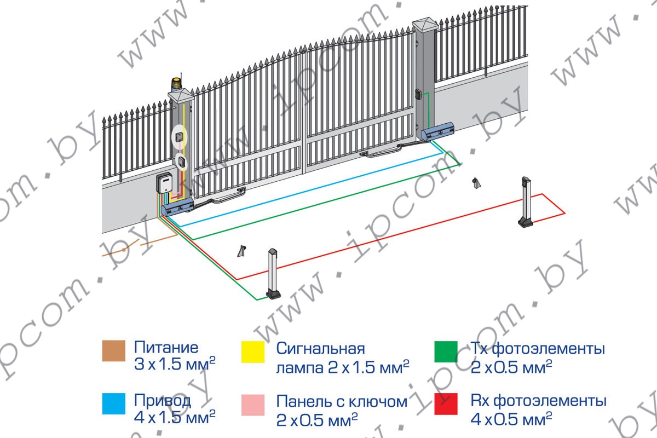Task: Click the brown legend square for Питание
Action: click(114, 350)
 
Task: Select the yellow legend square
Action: click(253, 351)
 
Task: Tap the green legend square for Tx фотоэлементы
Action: click(446, 351)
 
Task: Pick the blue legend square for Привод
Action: click(114, 404)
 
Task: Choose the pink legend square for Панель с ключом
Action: click(253, 405)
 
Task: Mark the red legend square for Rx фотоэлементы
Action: click(446, 404)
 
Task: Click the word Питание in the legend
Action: click(166, 347)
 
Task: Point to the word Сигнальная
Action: click(321, 349)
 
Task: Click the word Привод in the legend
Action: click(163, 401)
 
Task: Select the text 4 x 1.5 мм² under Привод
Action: click(175, 417)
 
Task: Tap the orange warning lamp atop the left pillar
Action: click(177, 84)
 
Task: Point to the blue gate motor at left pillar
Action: click(177, 207)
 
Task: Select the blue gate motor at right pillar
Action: click(438, 131)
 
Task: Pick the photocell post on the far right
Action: click(526, 201)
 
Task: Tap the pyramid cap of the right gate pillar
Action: click(425, 24)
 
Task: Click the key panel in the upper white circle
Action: click(178, 137)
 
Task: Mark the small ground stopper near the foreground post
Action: click(241, 251)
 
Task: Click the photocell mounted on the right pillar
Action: click(418, 95)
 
